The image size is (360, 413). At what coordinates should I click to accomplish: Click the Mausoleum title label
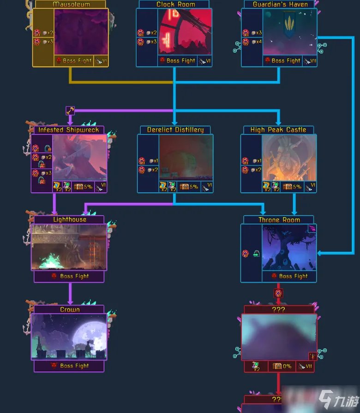(71, 4)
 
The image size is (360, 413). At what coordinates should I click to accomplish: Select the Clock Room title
(175, 4)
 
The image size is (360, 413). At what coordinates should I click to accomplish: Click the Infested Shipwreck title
(69, 130)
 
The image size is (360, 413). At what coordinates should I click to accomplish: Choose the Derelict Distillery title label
(175, 130)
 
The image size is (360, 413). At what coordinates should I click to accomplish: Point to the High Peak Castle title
(278, 130)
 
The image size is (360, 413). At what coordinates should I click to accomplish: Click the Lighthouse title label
(70, 219)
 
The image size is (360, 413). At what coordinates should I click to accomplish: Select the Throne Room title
(279, 220)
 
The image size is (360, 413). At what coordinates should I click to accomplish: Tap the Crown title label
(70, 310)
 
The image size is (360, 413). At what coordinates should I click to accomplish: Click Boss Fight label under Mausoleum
(77, 61)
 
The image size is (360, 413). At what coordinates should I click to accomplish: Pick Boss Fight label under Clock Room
(181, 61)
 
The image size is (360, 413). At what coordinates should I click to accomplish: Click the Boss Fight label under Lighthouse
(74, 276)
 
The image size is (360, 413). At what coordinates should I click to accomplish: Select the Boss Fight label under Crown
(74, 366)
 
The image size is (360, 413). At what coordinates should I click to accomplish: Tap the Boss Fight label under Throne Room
(293, 276)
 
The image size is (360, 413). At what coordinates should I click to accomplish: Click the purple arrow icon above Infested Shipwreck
(70, 110)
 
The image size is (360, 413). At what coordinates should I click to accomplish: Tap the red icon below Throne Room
(278, 293)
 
